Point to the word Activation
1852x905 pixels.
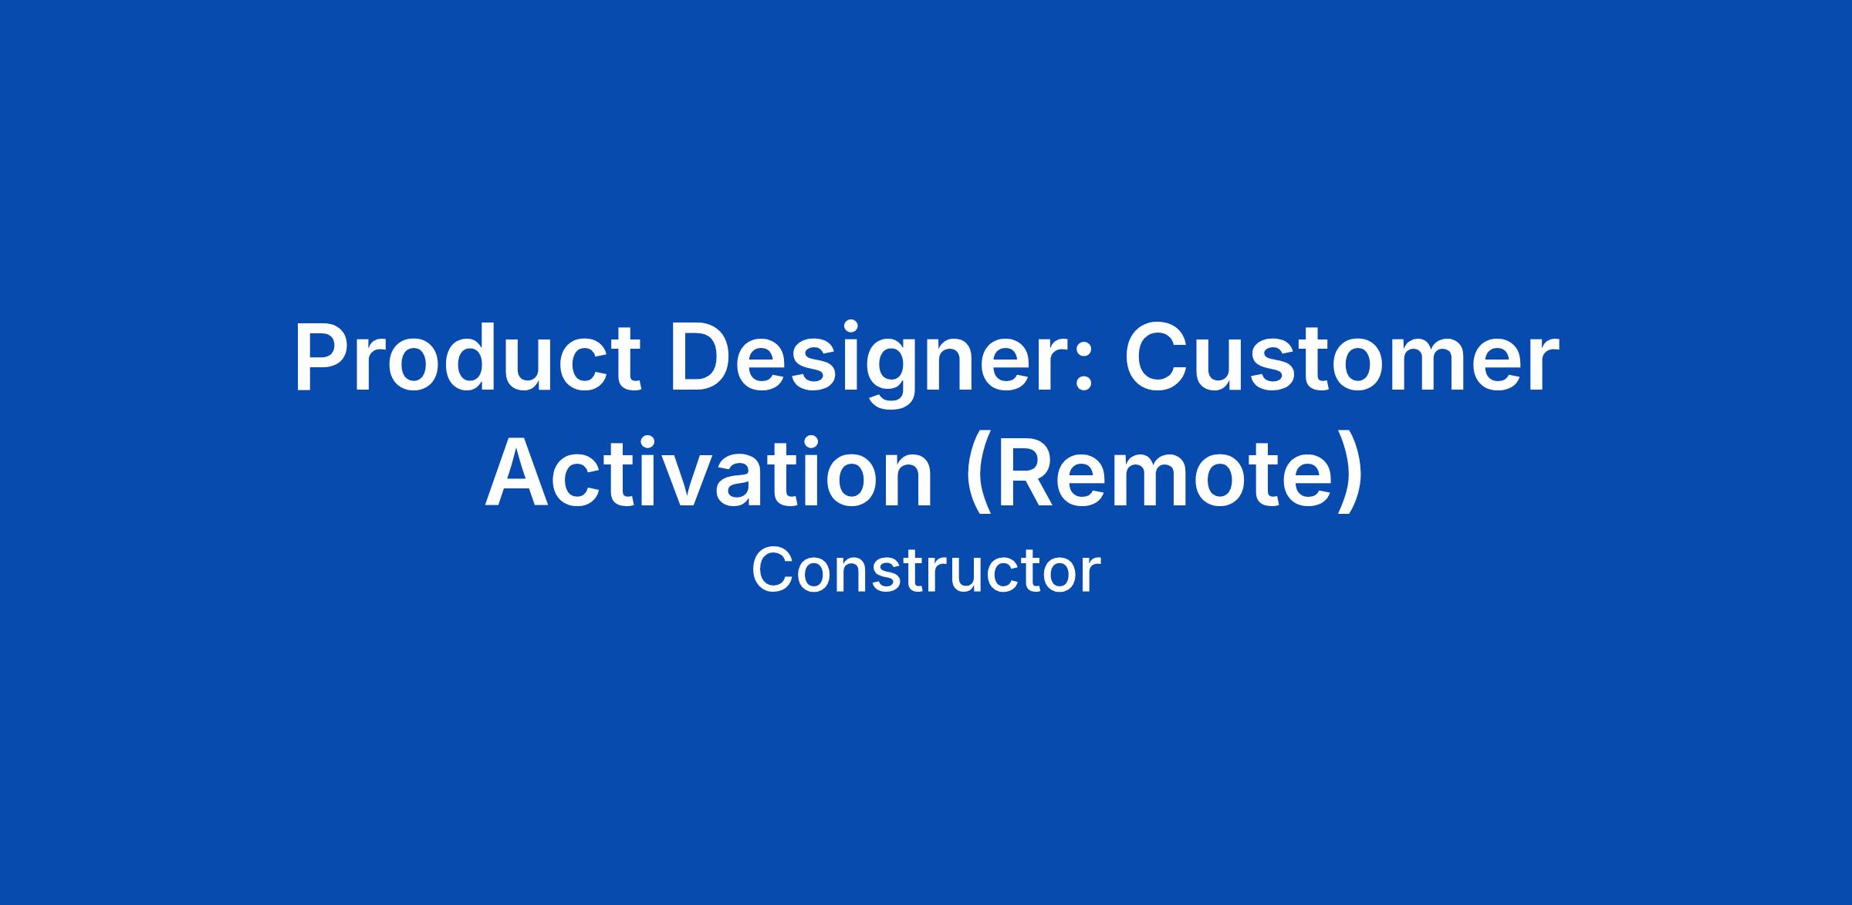(x=709, y=474)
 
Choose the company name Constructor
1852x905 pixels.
(x=926, y=572)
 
